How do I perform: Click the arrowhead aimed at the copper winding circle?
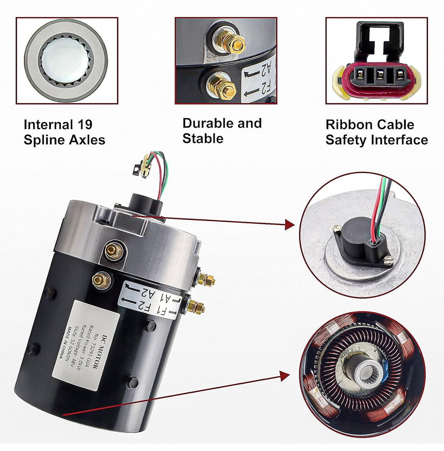click(x=285, y=376)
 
